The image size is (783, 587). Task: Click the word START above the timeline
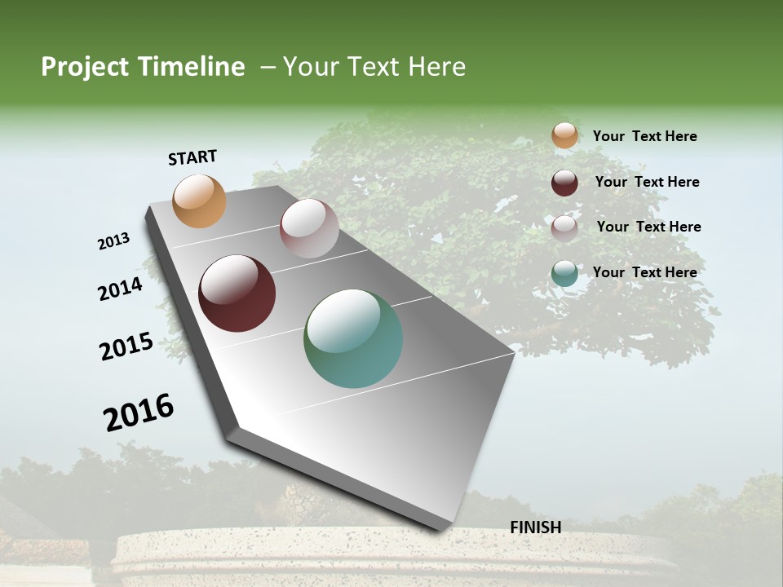[192, 157]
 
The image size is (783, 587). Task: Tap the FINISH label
[535, 527]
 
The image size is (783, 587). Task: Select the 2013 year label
[114, 241]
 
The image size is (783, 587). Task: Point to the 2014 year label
[121, 289]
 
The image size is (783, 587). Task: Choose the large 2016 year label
[139, 413]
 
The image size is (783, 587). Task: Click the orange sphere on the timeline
[200, 201]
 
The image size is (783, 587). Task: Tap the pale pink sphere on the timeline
[309, 227]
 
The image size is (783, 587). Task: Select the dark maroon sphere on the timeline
[237, 293]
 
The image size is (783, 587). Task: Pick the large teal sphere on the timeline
[353, 338]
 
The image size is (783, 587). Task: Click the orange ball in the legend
[564, 135]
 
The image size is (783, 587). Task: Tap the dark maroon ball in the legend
[564, 183]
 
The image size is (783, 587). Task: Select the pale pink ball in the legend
[564, 227]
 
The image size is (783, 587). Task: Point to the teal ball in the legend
[564, 273]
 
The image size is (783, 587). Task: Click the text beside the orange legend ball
[644, 136]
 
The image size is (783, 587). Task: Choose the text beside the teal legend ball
[644, 272]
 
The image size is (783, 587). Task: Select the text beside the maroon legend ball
[647, 182]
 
